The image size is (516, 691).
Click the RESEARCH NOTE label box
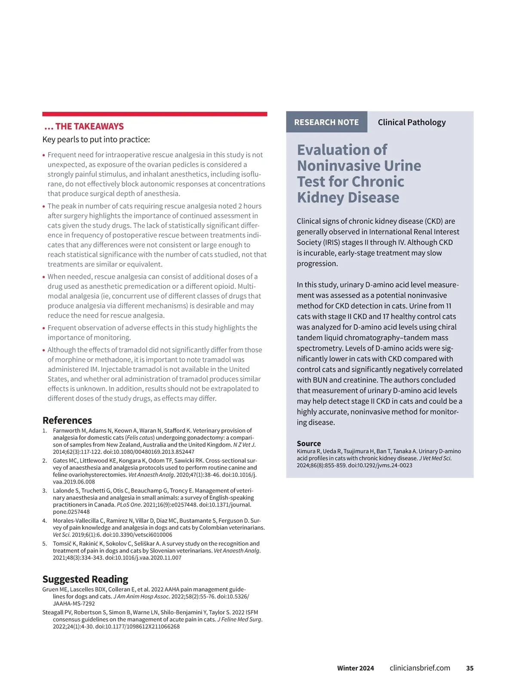pyautogui.click(x=326, y=122)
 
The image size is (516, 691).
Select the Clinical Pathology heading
pyautogui.click(x=412, y=122)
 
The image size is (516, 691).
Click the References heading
pyautogui.click(x=67, y=420)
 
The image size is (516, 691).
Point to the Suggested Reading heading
pyautogui.click(x=85, y=579)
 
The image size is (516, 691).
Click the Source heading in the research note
pyautogui.click(x=309, y=443)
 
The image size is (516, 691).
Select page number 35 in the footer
pyautogui.click(x=470, y=668)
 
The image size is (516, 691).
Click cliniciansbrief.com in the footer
pyautogui.click(x=420, y=668)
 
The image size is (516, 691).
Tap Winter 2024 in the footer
pyautogui.click(x=355, y=668)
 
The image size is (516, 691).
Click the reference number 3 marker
pyautogui.click(x=45, y=490)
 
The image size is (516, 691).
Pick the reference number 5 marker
pyautogui.click(x=45, y=543)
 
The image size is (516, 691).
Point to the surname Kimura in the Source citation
pyautogui.click(x=306, y=451)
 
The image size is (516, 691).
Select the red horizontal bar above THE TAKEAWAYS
pyautogui.click(x=155, y=114)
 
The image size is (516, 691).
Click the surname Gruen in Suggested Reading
pyautogui.click(x=51, y=589)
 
